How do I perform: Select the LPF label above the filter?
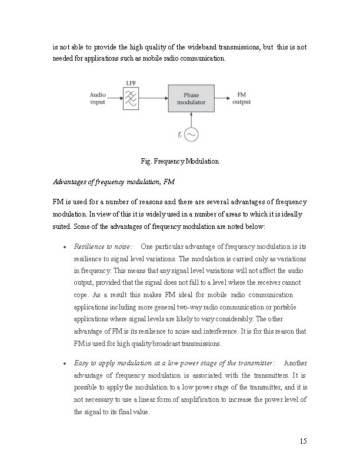click(131, 83)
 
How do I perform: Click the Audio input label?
click(98, 98)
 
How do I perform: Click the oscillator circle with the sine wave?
click(191, 135)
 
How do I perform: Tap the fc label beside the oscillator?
click(180, 135)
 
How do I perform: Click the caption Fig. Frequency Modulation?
click(180, 161)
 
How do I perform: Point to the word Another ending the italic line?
click(295, 362)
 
